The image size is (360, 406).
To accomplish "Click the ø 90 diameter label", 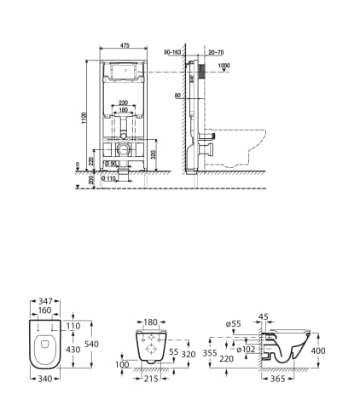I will [109, 164].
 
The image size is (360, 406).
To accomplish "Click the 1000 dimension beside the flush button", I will [224, 67].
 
